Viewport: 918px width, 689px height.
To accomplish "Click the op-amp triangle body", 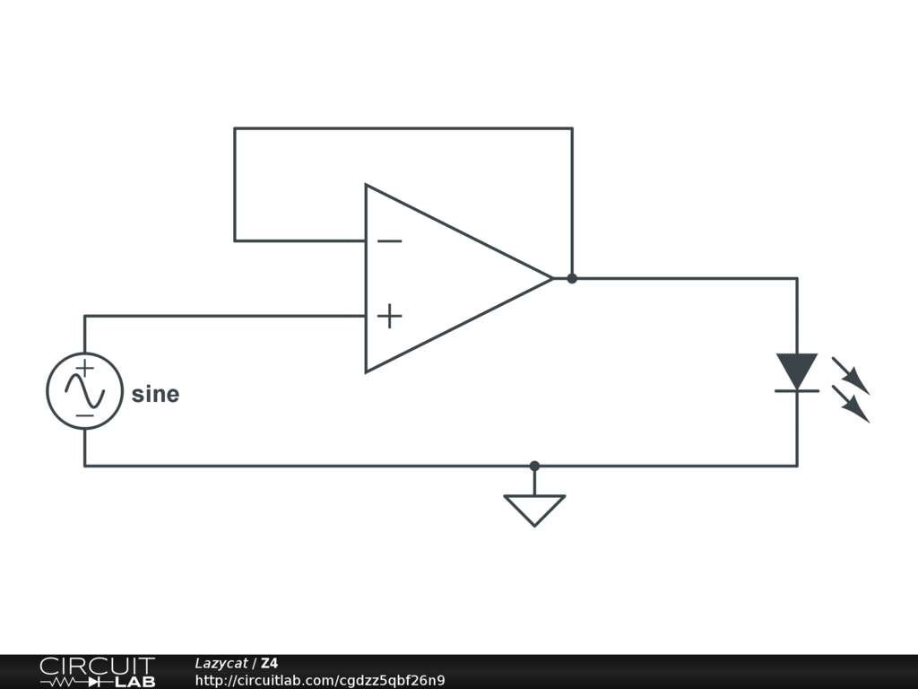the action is [x=448, y=278].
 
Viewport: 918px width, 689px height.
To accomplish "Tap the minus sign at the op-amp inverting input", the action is [x=389, y=240].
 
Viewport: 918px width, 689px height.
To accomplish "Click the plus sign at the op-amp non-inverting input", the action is [x=389, y=316].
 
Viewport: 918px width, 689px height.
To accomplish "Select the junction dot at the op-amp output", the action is [x=572, y=278].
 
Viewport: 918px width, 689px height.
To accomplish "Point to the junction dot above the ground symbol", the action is [x=534, y=466].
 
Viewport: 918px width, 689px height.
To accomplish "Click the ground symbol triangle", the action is [x=534, y=508].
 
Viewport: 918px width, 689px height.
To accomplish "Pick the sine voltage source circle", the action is [x=84, y=391].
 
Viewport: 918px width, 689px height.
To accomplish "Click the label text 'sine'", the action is [x=155, y=394].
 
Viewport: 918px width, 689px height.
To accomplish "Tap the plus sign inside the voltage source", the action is [x=84, y=368].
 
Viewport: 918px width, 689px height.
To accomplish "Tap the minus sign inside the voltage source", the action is [x=84, y=415].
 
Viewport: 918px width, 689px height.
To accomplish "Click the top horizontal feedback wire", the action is [x=403, y=128].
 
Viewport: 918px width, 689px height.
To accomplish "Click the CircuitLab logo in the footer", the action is [x=97, y=672].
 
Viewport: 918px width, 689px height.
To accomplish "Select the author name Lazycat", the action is [x=221, y=663].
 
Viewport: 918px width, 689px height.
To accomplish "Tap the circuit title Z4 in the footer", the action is [x=269, y=663].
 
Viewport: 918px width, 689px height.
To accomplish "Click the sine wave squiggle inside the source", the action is [x=84, y=391].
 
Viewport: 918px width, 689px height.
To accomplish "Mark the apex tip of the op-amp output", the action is [x=551, y=278].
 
